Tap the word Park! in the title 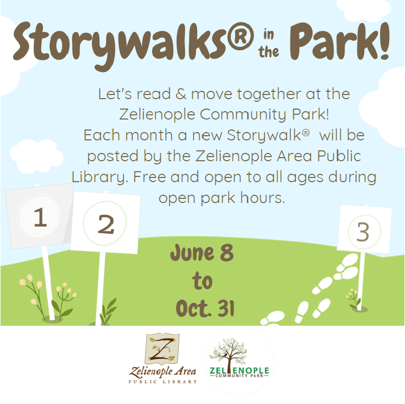click(x=339, y=41)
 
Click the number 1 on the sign click(x=40, y=217)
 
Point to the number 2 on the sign click(x=106, y=224)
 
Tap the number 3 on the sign click(x=363, y=232)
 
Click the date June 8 click(x=202, y=253)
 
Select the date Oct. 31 click(x=205, y=308)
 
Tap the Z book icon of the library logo click(x=163, y=349)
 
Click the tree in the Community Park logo click(x=228, y=351)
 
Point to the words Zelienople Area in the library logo click(x=163, y=371)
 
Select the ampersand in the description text click(x=181, y=94)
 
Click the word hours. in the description click(x=262, y=198)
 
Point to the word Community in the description click(x=244, y=114)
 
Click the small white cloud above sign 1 click(x=36, y=157)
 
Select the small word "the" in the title click(x=269, y=52)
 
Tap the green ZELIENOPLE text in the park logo click(x=239, y=371)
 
